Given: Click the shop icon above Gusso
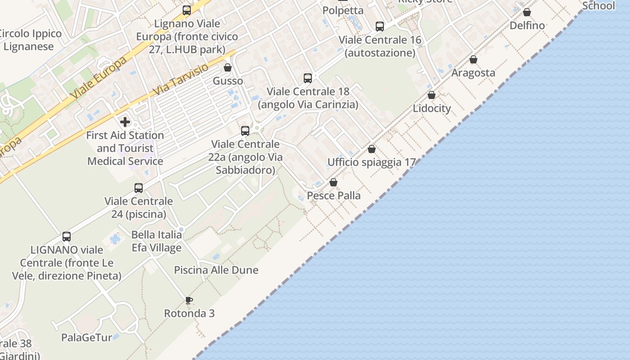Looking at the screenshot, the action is pos(228,67).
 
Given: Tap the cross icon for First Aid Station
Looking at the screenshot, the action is pos(125,122).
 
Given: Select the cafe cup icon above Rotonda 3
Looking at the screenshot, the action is pos(189,300).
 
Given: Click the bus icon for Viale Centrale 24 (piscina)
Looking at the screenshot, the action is pos(139,188).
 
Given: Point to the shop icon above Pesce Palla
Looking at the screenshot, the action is pos(333,182).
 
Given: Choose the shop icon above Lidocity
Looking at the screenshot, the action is pos(432,95).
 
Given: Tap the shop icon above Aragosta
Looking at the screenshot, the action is pos(473,59).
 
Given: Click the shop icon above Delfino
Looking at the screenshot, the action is pos(527,12).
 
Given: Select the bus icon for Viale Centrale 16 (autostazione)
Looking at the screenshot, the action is pos(380,27).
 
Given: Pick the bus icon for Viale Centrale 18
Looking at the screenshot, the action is pos(308,78).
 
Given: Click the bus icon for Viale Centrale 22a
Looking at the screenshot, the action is pos(245,131).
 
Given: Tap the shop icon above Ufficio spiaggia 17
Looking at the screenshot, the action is pos(372,149).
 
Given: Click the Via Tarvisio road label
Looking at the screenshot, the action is pos(181,79).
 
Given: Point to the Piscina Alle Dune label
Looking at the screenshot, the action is pos(216,270).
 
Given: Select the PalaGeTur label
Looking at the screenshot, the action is pos(86,337).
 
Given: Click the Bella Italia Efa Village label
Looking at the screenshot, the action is pos(157,241).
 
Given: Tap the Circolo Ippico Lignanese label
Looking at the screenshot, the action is pos(30,40).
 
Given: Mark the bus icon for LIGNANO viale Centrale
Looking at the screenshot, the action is pos(67,236).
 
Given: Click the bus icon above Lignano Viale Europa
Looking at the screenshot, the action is pos(187,10).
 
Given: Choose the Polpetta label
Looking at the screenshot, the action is pos(343,10).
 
